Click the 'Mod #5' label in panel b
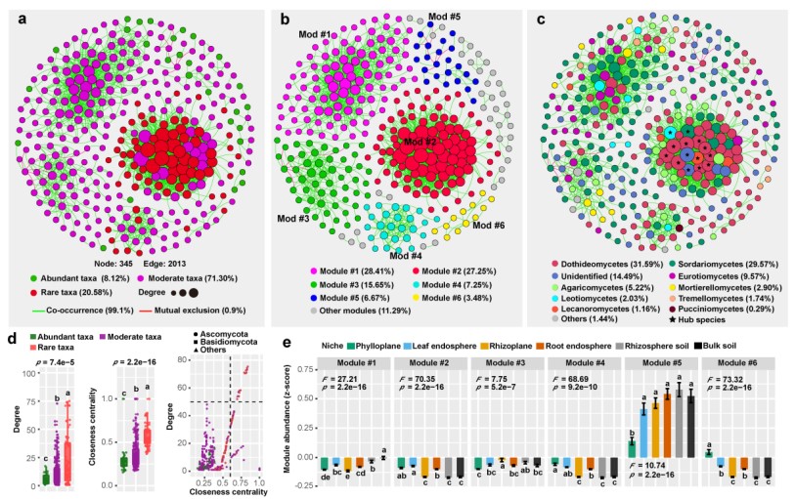point(446,17)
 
